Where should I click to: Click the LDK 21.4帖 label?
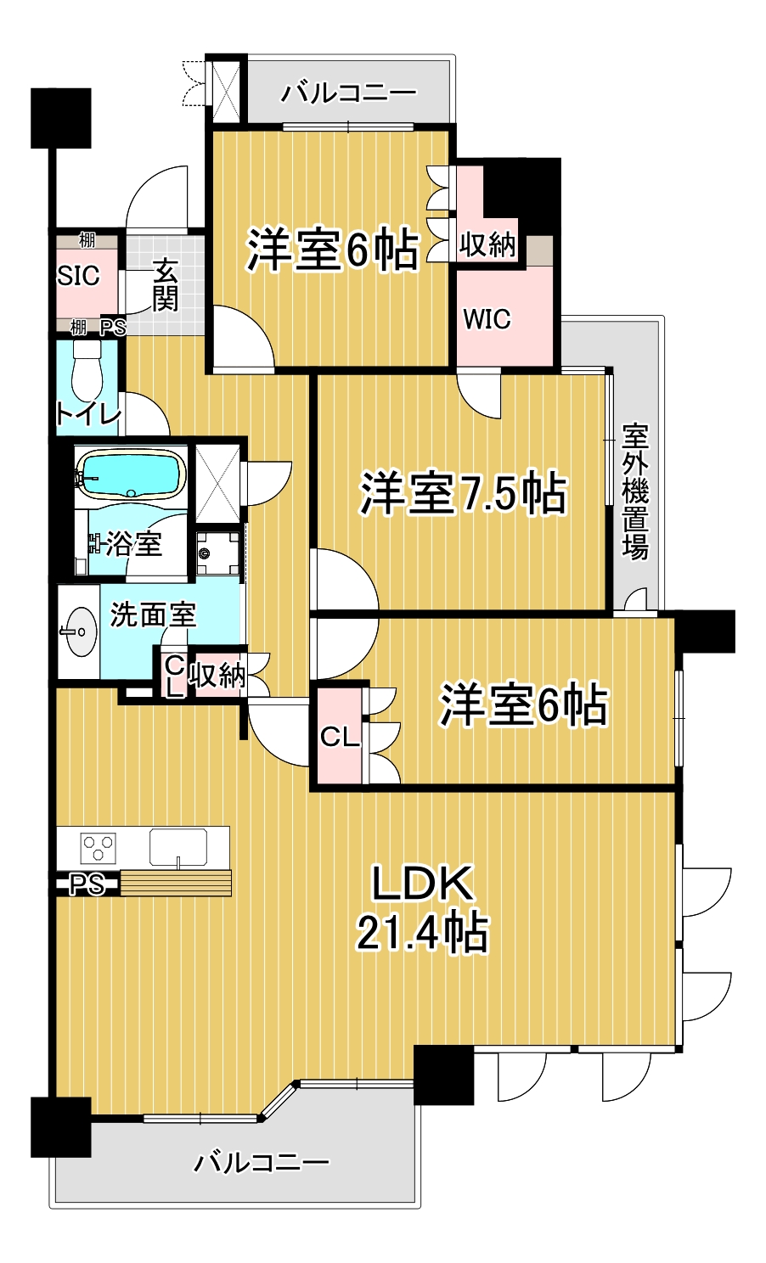coord(422,908)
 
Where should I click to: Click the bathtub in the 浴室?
coord(131,474)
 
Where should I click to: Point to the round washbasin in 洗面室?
coord(78,631)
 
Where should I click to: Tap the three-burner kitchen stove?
coord(98,847)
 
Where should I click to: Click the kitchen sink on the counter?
coord(178,847)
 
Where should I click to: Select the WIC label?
coord(487,319)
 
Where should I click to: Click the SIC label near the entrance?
coord(78,275)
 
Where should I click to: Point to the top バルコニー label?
coord(349,92)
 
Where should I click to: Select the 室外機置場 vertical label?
coord(635,492)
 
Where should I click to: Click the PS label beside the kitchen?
coord(86,885)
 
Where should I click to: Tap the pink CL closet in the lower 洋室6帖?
coord(339,737)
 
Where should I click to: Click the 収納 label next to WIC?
coord(487,244)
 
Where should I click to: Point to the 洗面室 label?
coord(154,615)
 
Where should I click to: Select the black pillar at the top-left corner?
coord(60,118)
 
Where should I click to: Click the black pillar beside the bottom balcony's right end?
coord(443,1075)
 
